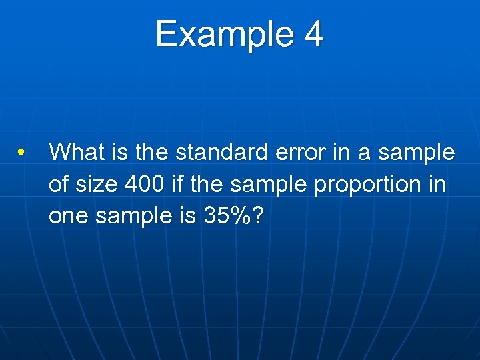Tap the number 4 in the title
click(x=313, y=35)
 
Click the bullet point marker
click(x=23, y=152)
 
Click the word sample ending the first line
click(x=417, y=152)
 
